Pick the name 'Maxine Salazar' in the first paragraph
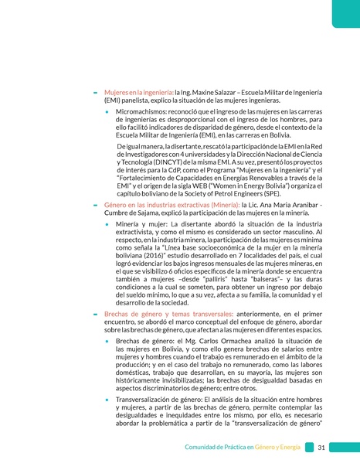click(x=216, y=91)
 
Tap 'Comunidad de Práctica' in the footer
click(x=219, y=448)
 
